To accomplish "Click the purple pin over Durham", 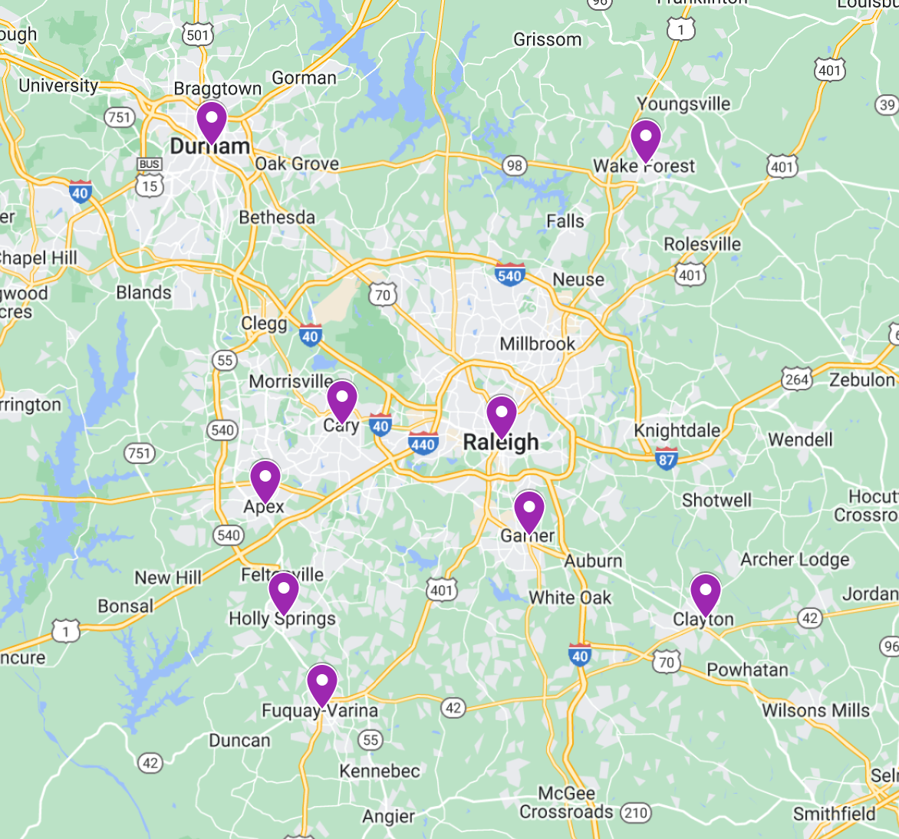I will [211, 121].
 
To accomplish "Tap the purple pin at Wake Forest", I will [646, 140].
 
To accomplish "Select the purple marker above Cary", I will [342, 400].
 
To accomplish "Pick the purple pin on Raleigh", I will [502, 415].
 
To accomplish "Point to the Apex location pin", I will [265, 480].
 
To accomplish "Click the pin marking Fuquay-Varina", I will [322, 683].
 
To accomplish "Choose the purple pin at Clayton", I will [705, 593].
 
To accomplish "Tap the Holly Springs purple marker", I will [284, 592].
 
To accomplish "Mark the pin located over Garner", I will [529, 510].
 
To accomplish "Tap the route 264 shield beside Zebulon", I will [797, 380].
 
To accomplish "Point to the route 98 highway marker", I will [514, 166].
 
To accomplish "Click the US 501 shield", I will [197, 35].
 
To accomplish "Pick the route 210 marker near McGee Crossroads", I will [635, 812].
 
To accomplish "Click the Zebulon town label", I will [862, 380].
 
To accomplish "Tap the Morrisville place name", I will [291, 381].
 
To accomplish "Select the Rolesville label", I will [702, 245].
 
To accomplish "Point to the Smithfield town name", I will [834, 814].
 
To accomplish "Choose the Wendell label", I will [800, 439].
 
